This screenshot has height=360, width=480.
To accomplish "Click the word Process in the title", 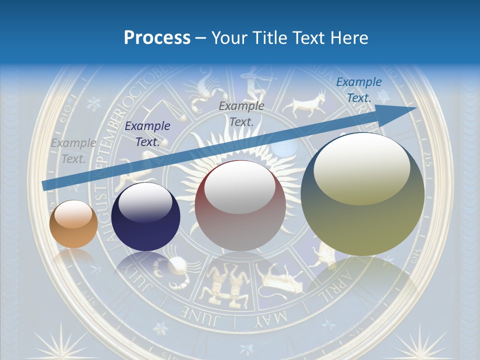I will coord(157,37).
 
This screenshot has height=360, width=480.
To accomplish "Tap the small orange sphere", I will coord(73,224).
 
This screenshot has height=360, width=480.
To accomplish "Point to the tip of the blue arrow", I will coord(415,108).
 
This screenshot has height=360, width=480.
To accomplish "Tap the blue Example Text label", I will coord(358,90).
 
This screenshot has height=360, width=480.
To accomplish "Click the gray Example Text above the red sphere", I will coord(241,113).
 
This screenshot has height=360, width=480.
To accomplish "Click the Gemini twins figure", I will coord(223,287).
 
